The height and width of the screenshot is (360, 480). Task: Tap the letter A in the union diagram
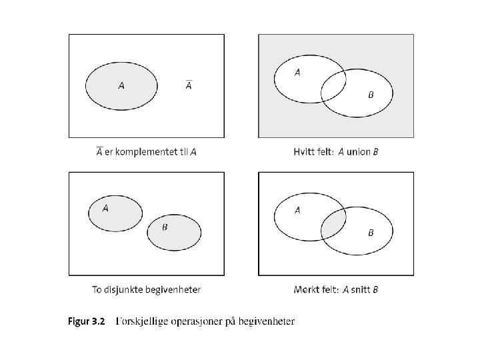click(x=297, y=73)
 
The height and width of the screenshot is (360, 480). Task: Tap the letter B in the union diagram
click(x=371, y=95)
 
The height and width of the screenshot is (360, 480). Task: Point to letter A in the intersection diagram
click(x=297, y=211)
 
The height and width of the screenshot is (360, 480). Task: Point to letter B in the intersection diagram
click(x=371, y=233)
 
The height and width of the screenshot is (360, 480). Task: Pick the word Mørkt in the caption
click(x=306, y=289)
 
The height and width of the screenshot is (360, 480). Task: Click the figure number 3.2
click(x=97, y=322)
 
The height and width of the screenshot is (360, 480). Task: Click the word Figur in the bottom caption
click(x=78, y=322)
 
